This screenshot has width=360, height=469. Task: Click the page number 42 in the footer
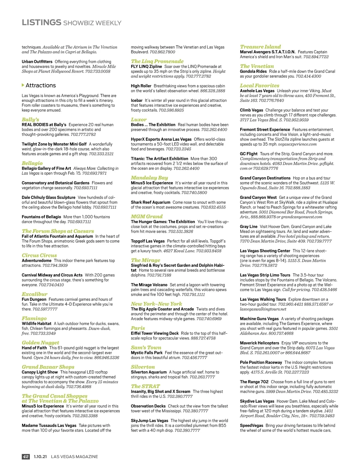click(x=25, y=456)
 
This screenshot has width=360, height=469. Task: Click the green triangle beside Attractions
click(x=23, y=85)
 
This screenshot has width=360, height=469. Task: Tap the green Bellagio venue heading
click(x=32, y=163)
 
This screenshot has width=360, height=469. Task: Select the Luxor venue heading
click(x=139, y=119)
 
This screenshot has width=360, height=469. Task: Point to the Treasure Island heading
click(x=260, y=47)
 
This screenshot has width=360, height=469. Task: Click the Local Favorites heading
click(x=259, y=85)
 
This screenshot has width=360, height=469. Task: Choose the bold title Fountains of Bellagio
click(x=41, y=217)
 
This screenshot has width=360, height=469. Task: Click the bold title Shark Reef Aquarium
click(x=150, y=202)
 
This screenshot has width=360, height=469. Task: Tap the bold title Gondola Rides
click(x=253, y=71)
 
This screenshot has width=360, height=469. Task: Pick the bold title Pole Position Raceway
click(x=261, y=362)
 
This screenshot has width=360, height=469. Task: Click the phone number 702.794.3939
click(x=55, y=265)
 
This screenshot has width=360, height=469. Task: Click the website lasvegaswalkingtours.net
click(x=263, y=309)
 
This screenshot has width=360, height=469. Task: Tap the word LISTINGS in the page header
click(x=41, y=22)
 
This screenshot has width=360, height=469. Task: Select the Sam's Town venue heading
click(x=146, y=348)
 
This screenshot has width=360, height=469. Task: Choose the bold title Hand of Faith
click(x=34, y=348)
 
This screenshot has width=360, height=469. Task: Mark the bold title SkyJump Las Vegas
click(x=149, y=421)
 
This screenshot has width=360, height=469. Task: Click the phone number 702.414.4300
click(x=308, y=76)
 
